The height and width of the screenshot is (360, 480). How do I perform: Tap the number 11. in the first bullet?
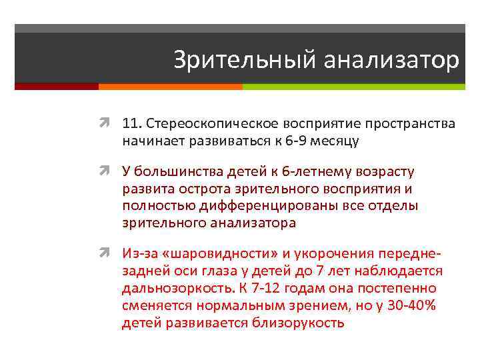click(x=132, y=125)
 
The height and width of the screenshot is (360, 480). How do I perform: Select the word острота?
click(x=197, y=189)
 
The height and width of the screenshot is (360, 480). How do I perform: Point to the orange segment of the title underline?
click(x=170, y=87)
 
